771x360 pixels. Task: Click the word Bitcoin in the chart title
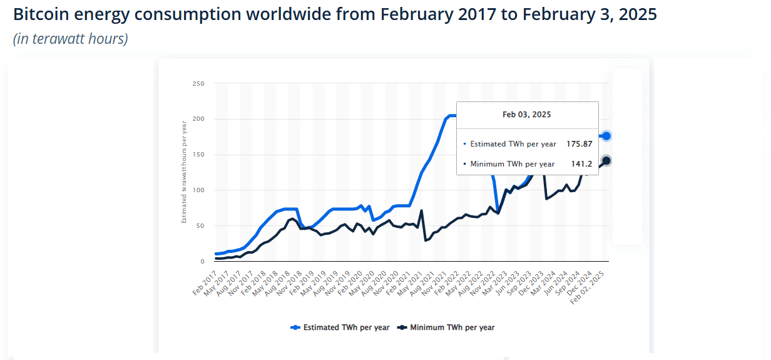click(41, 14)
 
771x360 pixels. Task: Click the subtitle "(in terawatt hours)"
click(70, 39)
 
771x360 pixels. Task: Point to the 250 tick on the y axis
click(198, 83)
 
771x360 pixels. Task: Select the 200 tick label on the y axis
click(198, 119)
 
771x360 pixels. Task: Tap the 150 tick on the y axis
click(198, 155)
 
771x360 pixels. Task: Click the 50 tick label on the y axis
click(200, 226)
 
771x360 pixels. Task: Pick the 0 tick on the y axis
click(202, 262)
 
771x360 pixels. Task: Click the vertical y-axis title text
click(184, 172)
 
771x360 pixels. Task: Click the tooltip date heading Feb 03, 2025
click(526, 115)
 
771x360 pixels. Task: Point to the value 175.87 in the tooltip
click(579, 144)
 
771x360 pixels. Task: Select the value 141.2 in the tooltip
click(581, 164)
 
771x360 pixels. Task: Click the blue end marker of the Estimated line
click(606, 136)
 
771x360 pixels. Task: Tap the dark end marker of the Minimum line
click(606, 161)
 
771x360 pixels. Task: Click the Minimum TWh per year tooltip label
click(512, 164)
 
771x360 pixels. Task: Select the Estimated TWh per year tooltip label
click(513, 144)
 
